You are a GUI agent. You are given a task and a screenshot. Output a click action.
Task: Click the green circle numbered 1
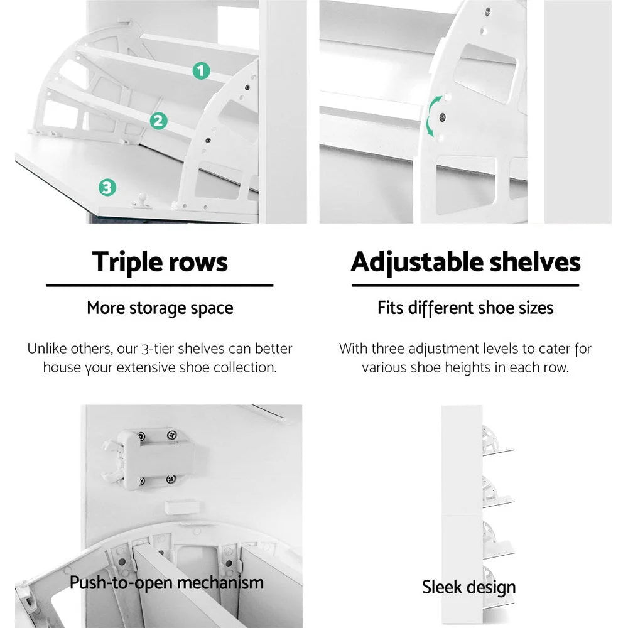[200, 71]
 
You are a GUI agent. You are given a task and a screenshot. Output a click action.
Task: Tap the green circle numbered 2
[159, 121]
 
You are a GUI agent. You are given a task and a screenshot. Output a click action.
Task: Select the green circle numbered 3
[107, 187]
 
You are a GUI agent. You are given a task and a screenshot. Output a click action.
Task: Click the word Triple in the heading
[124, 262]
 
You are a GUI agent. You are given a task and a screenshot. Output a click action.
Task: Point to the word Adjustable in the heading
[420, 262]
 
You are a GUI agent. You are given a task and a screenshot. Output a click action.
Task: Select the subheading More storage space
[160, 308]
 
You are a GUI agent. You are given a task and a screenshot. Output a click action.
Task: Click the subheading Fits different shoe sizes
[465, 308]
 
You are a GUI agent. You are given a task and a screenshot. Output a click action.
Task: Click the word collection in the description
[242, 368]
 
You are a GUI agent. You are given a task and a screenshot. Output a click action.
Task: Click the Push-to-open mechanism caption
[166, 583]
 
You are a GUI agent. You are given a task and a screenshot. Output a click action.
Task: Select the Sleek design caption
[468, 588]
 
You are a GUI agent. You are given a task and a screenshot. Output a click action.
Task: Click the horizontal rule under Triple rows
[160, 285]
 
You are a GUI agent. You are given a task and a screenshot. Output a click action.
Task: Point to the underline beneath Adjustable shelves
[465, 285]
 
